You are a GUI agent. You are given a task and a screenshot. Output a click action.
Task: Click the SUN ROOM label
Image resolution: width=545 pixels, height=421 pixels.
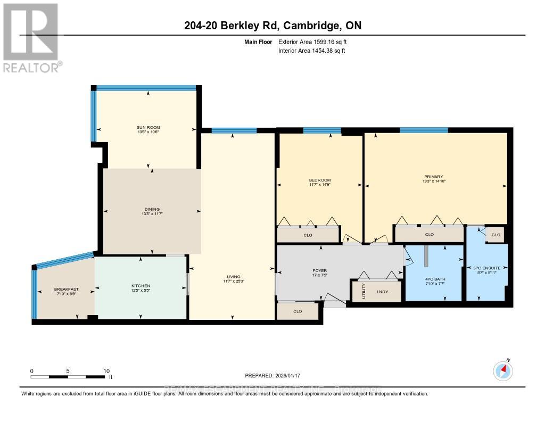coord(147,127)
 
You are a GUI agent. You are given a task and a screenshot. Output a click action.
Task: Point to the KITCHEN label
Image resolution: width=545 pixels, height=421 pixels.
coord(141,286)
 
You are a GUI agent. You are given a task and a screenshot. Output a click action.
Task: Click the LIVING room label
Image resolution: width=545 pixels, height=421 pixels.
coord(233,277)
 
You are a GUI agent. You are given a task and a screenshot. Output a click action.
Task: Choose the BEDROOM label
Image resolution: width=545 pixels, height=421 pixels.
coord(320,180)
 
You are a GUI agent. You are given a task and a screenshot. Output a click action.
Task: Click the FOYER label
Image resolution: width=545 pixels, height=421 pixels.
coord(319,270)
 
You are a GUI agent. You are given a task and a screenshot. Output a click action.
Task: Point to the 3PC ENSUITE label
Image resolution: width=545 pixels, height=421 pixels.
coord(487,268)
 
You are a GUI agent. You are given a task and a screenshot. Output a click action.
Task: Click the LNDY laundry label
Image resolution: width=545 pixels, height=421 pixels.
coord(382,292)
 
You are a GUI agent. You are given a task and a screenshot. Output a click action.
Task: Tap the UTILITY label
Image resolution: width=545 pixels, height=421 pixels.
coord(364,292)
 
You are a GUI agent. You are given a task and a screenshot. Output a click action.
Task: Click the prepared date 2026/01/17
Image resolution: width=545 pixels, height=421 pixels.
coord(272,375)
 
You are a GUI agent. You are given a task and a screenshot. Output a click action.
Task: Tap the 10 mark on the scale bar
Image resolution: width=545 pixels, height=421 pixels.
coord(106,371)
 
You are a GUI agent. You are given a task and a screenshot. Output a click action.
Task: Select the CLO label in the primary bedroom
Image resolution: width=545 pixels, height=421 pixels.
coord(429,234)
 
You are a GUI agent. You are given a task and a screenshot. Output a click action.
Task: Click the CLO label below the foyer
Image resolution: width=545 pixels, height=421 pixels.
coord(298,311)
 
